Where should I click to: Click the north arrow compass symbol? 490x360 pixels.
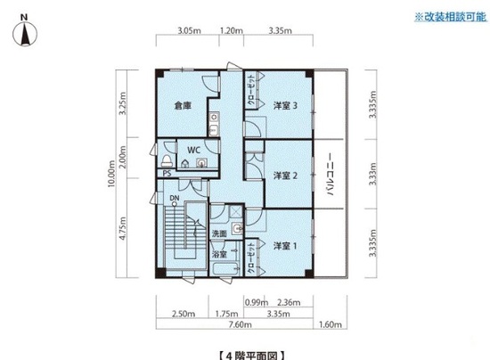pos(25,33)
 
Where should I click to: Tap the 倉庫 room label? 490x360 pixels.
pos(183,106)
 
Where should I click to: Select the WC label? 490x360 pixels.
pos(193,151)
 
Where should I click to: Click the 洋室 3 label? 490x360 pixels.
pos(285,106)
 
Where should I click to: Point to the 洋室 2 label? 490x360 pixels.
pos(285,176)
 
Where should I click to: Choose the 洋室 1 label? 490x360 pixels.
pos(285,246)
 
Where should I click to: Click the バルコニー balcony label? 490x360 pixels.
pos(330,174)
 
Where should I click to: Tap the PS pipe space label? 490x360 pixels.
pos(167,174)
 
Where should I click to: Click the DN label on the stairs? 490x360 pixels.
pos(175,198)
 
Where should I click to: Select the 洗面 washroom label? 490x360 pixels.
pos(219,233)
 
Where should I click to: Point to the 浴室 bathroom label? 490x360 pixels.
pos(219,254)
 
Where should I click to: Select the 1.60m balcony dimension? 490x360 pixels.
pos(330,324)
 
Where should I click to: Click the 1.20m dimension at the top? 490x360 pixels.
pos(232,30)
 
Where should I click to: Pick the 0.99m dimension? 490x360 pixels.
pos(257,302)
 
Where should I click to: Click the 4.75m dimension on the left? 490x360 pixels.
pos(123,228)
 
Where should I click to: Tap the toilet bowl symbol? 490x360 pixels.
pos(167,160)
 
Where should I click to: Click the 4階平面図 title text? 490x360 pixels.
pos(251,356)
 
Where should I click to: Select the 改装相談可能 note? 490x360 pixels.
pos(450,17)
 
